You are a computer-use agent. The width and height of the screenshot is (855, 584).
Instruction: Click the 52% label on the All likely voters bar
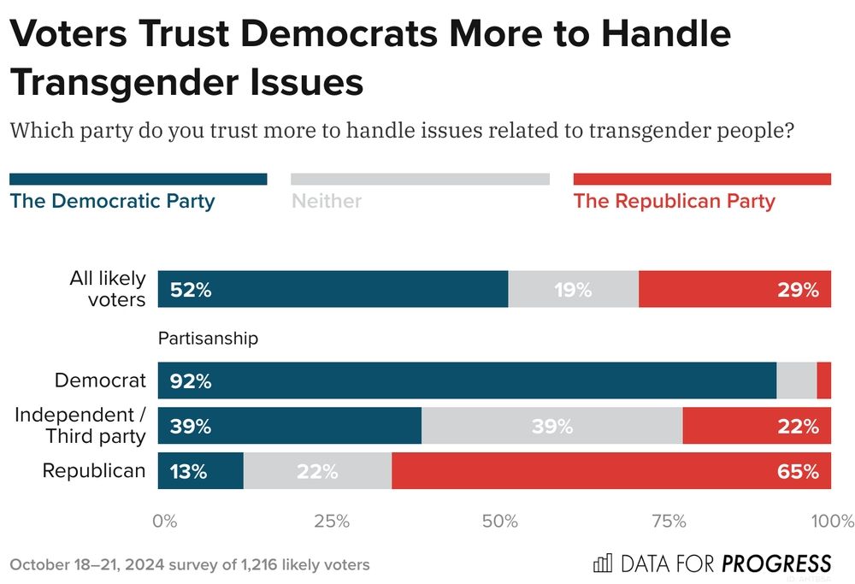(191, 290)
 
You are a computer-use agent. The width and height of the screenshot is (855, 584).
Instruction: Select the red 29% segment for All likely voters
(734, 290)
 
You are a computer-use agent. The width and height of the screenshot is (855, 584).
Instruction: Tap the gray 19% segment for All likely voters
(573, 290)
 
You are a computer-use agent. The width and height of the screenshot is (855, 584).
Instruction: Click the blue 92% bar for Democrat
(467, 380)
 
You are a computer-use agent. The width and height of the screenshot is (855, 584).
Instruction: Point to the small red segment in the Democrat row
(824, 380)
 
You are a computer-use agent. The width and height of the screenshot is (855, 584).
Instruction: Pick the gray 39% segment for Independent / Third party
(551, 426)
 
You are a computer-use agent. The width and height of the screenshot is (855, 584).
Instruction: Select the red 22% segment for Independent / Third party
(757, 426)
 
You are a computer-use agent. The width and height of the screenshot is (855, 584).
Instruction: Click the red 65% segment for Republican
(611, 471)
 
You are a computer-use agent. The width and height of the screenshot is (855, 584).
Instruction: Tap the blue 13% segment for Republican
(201, 471)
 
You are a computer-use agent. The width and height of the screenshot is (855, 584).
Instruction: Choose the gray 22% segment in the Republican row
(317, 471)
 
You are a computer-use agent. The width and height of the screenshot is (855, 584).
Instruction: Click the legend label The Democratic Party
(112, 202)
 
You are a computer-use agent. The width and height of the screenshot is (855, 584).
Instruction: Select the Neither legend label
(327, 202)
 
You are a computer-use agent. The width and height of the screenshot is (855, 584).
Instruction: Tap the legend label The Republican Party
(674, 202)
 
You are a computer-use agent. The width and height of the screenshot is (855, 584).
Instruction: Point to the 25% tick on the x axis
(331, 522)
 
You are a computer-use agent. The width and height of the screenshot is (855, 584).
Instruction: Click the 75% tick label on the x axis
(669, 522)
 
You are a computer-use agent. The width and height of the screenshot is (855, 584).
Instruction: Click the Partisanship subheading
(208, 339)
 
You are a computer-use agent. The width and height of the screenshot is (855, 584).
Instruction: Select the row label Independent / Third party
(80, 425)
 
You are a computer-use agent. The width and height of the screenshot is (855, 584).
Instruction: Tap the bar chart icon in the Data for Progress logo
(603, 563)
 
